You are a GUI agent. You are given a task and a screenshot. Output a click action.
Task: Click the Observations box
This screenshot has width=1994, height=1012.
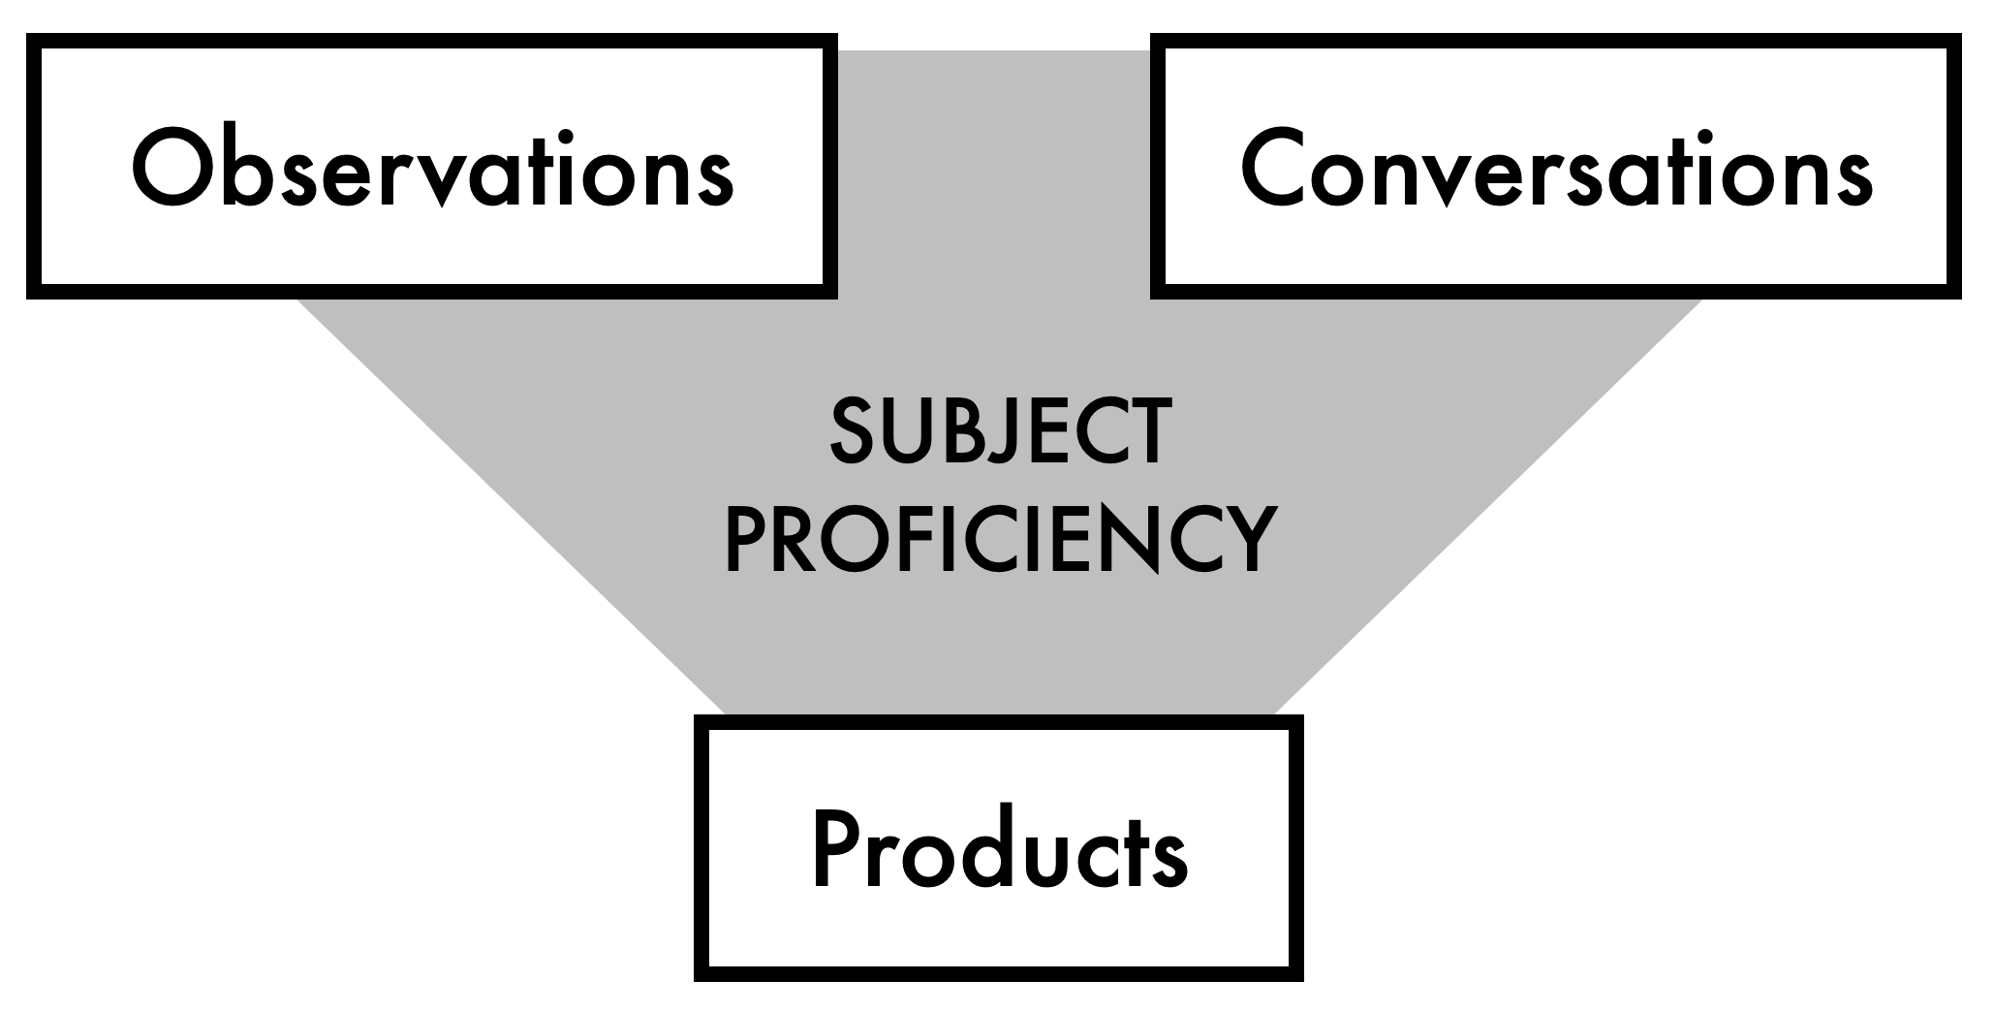[432, 167]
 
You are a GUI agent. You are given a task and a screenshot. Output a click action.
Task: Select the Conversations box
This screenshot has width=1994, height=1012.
[1555, 167]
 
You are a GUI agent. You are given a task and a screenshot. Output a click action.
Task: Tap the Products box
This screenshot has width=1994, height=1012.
[999, 848]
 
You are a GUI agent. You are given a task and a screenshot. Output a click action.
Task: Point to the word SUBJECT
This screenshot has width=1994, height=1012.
[999, 433]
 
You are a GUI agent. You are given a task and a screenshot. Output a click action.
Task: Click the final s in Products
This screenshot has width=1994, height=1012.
[1169, 859]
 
